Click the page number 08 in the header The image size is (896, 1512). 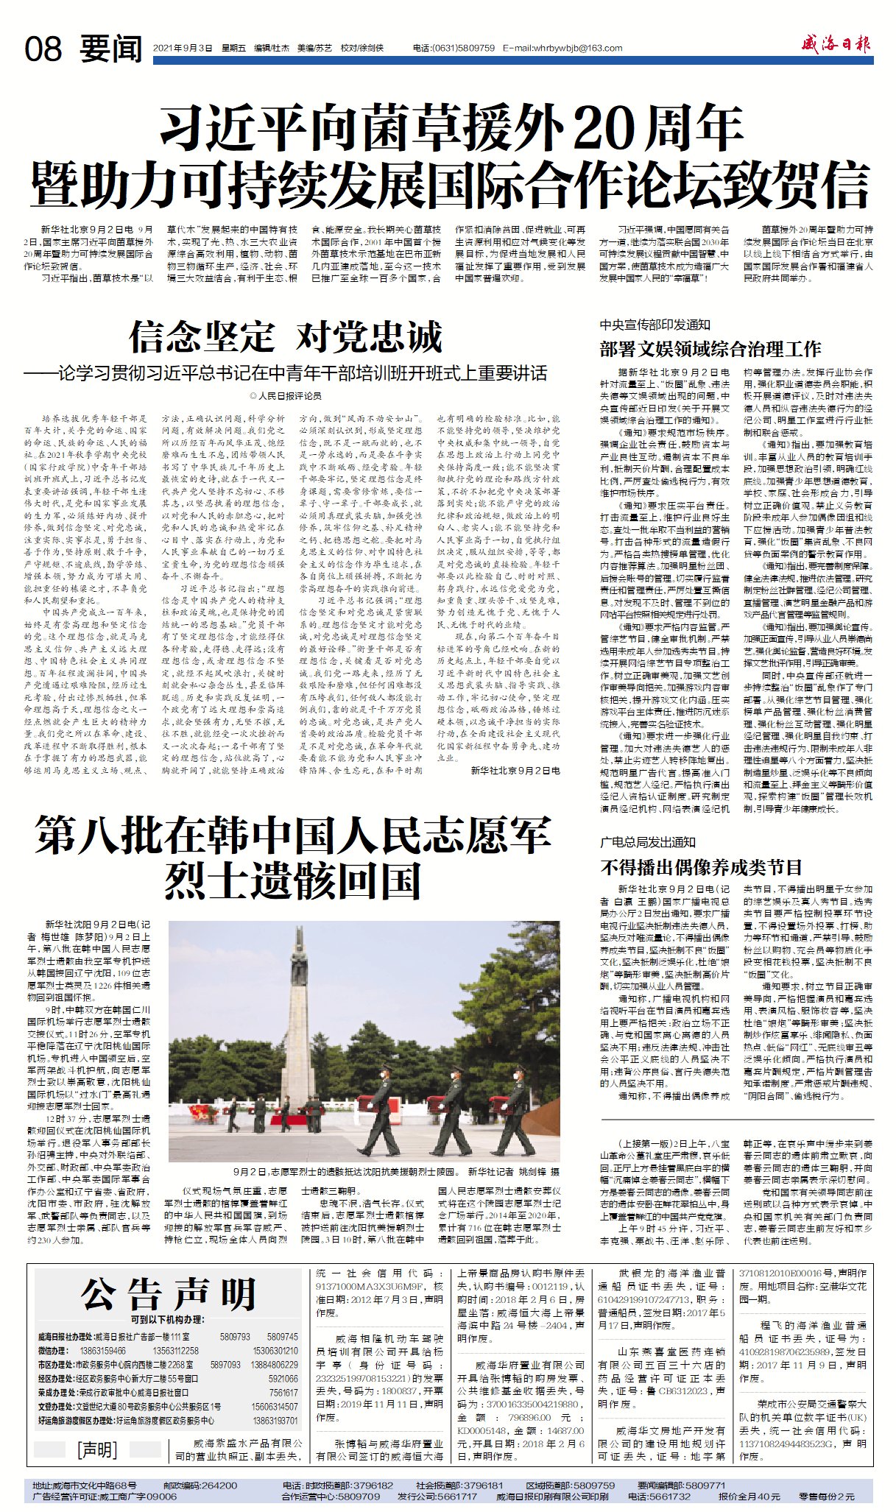(x=43, y=49)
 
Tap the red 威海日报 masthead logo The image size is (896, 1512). (x=836, y=45)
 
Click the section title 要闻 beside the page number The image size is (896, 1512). (x=111, y=49)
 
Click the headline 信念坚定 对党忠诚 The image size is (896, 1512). (x=286, y=337)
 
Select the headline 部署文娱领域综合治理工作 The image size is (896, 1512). (x=710, y=348)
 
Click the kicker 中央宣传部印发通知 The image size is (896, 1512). (x=655, y=325)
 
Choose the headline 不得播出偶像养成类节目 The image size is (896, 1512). (x=701, y=867)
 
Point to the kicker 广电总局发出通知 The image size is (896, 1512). (x=647, y=842)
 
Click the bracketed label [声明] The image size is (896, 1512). (x=97, y=1449)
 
